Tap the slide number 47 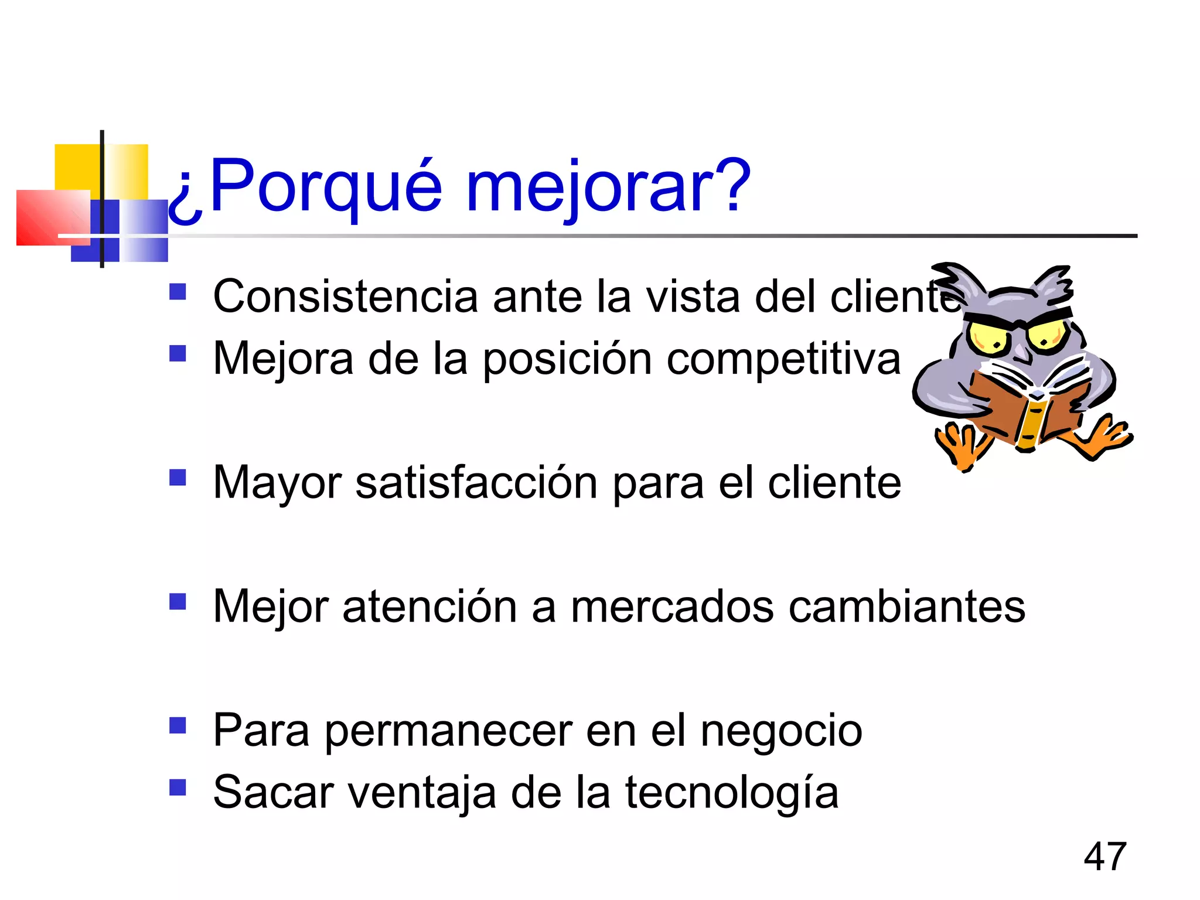pyautogui.click(x=1104, y=857)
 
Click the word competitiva pyautogui.click(x=783, y=359)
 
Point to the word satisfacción pyautogui.click(x=476, y=483)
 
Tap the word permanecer pyautogui.click(x=448, y=731)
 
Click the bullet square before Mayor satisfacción pyautogui.click(x=178, y=478)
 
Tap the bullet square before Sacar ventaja pyautogui.click(x=178, y=787)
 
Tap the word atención pyautogui.click(x=429, y=607)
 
